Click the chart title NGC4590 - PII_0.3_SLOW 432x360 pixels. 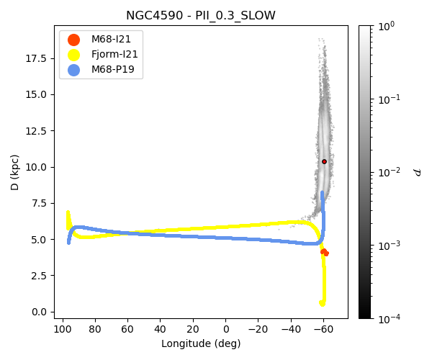click(x=200, y=15)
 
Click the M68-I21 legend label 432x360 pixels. click(x=111, y=39)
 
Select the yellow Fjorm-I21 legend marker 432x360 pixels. click(x=73, y=55)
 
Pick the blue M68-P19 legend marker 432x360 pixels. click(x=73, y=70)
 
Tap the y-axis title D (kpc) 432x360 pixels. click(x=15, y=171)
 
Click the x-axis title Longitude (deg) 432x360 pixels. click(x=201, y=343)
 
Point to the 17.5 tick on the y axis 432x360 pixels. click(x=36, y=58)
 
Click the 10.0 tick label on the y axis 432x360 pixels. click(x=36, y=167)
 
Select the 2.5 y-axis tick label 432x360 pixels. click(x=39, y=276)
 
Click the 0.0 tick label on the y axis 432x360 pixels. click(x=39, y=312)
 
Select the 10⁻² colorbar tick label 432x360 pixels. click(x=393, y=172)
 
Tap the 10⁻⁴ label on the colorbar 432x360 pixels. click(x=393, y=318)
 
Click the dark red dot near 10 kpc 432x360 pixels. click(x=324, y=161)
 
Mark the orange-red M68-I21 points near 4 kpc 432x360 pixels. click(x=324, y=252)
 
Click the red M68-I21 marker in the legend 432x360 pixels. click(x=73, y=39)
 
